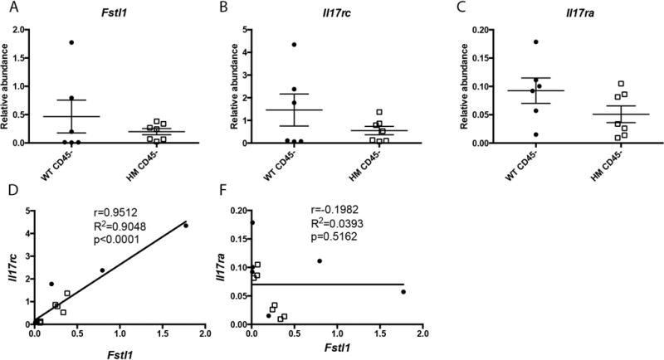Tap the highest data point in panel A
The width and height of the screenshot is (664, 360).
(72, 42)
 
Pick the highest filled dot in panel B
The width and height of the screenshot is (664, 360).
(294, 44)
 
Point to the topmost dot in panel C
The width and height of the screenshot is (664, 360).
(514, 41)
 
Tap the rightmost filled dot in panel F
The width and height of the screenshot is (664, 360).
(403, 292)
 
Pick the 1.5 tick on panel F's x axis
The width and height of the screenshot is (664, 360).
(379, 333)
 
